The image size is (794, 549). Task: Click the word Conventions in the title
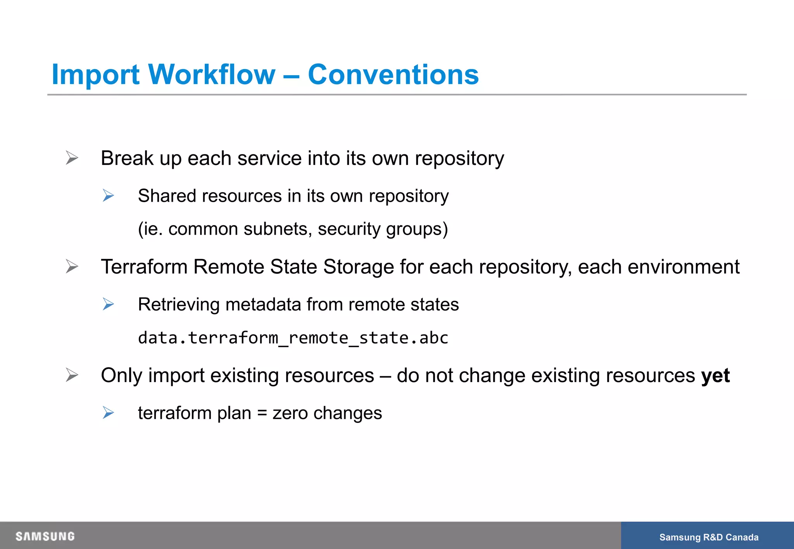pyautogui.click(x=393, y=74)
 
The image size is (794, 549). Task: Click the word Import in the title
pyautogui.click(x=95, y=74)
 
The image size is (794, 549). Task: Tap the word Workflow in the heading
pyautogui.click(x=212, y=74)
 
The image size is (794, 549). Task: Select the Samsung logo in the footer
pyautogui.click(x=45, y=536)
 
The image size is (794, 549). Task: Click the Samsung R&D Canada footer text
pyautogui.click(x=709, y=537)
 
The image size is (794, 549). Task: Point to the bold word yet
pyautogui.click(x=715, y=376)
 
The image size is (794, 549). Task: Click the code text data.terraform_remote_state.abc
pyautogui.click(x=293, y=338)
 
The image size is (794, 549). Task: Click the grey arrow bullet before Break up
pyautogui.click(x=72, y=158)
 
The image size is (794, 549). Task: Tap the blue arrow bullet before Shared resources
pyautogui.click(x=108, y=196)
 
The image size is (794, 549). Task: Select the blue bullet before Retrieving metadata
pyautogui.click(x=108, y=304)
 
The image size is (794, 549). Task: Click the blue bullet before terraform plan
pyautogui.click(x=108, y=413)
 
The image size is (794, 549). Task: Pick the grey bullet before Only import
pyautogui.click(x=72, y=375)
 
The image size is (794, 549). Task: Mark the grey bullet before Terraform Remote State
pyautogui.click(x=72, y=266)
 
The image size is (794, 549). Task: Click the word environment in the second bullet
pyautogui.click(x=683, y=267)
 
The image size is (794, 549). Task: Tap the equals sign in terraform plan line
pyautogui.click(x=262, y=413)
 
